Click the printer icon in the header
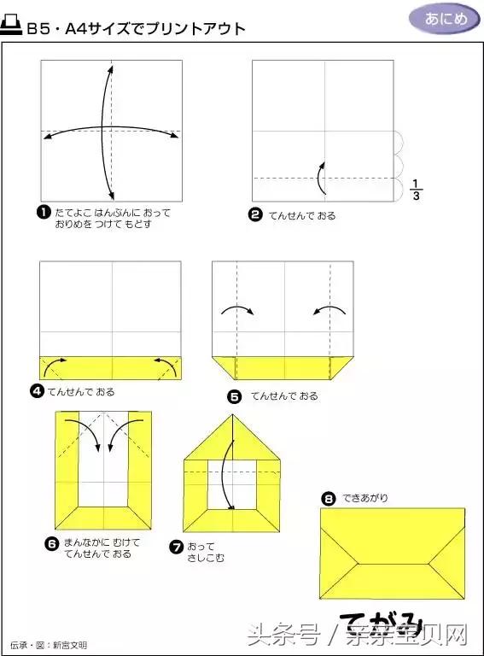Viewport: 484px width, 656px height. click(13, 27)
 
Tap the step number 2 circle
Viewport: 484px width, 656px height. click(254, 214)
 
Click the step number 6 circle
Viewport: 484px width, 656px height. click(52, 542)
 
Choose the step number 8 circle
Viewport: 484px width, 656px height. click(327, 497)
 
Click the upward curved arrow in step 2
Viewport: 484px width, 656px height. click(320, 177)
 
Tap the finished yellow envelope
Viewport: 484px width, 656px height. click(393, 553)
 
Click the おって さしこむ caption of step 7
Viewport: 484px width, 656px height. click(201, 552)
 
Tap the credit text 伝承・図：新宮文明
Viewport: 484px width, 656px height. click(49, 645)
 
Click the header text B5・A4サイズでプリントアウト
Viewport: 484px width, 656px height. click(137, 28)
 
